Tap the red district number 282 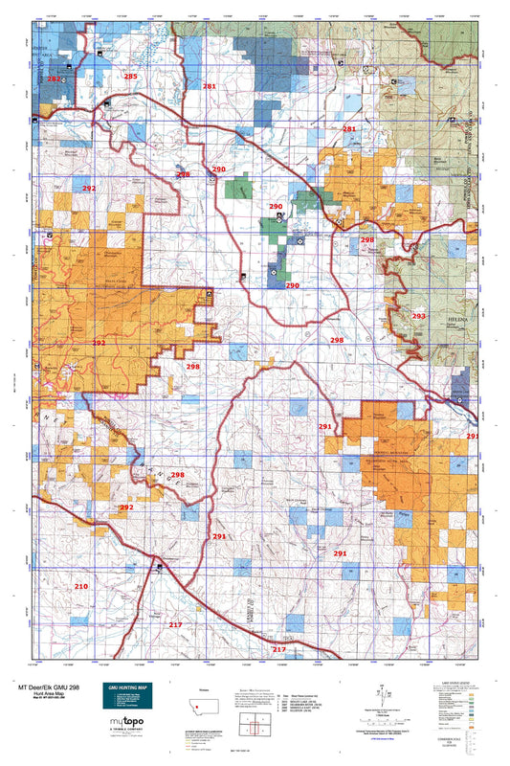[x=54, y=79]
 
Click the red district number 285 [x=130, y=76]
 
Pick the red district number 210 [x=81, y=585]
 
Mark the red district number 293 [x=418, y=316]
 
